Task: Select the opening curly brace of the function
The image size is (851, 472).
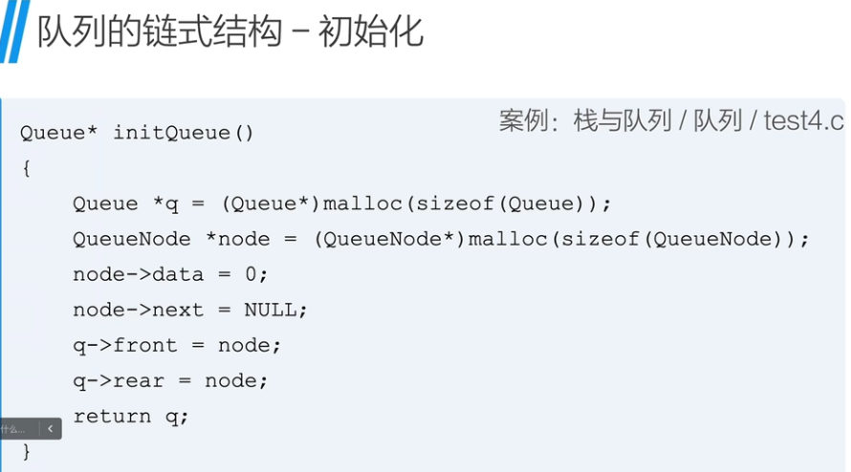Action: coord(26,168)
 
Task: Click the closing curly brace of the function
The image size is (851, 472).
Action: coord(26,450)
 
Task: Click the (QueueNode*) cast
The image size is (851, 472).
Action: coord(389,239)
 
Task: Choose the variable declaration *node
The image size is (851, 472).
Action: coord(238,239)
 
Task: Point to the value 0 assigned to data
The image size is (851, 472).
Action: coord(251,274)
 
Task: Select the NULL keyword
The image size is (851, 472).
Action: coord(275,310)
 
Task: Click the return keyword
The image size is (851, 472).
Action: coord(112,416)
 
